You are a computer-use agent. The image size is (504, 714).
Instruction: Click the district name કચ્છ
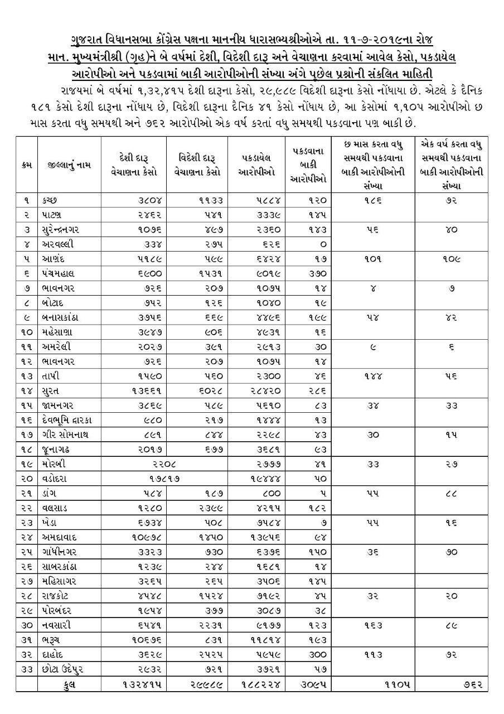point(49,200)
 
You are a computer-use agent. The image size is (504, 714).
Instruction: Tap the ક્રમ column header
point(26,165)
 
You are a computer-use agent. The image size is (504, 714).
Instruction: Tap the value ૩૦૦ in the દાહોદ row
point(318,653)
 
